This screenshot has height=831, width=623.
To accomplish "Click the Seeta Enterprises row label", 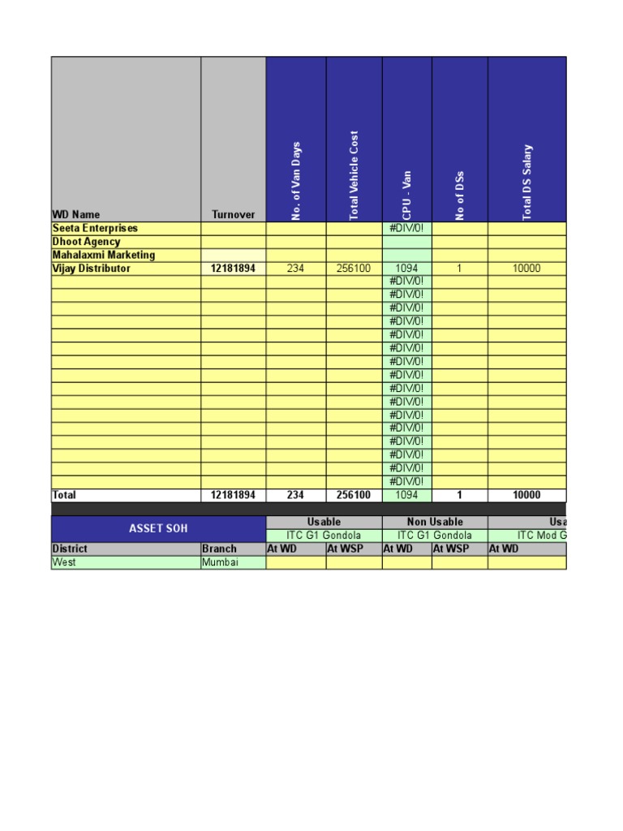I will pyautogui.click(x=95, y=229).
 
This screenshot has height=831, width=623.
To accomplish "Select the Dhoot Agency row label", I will pyautogui.click(x=86, y=242).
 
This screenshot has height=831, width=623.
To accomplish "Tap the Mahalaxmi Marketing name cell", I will pyautogui.click(x=103, y=255).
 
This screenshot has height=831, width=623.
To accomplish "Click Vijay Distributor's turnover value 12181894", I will pyautogui.click(x=233, y=269).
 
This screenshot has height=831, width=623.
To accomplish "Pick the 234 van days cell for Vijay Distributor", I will pyautogui.click(x=296, y=269).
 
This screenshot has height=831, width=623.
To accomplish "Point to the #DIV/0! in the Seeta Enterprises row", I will pyautogui.click(x=406, y=229).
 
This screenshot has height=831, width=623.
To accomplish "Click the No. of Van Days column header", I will pyautogui.click(x=296, y=180).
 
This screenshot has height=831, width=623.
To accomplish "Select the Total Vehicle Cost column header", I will pyautogui.click(x=354, y=174).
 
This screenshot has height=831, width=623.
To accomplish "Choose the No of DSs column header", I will pyautogui.click(x=460, y=195).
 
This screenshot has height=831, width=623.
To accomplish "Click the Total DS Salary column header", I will pyautogui.click(x=527, y=182).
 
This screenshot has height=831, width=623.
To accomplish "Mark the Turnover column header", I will pyautogui.click(x=233, y=215).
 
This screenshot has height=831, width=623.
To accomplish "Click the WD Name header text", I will pyautogui.click(x=76, y=215).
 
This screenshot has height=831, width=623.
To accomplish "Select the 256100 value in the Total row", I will pyautogui.click(x=354, y=495).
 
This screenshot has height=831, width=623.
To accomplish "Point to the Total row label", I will pyautogui.click(x=64, y=495).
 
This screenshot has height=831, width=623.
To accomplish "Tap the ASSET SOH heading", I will pyautogui.click(x=158, y=528).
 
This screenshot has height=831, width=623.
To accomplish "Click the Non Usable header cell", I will pyautogui.click(x=434, y=522).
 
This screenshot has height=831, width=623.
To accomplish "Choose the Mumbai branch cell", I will pyautogui.click(x=220, y=562).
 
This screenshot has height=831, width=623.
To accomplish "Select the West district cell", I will pyautogui.click(x=64, y=562).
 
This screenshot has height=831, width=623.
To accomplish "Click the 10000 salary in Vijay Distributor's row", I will pyautogui.click(x=526, y=269).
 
